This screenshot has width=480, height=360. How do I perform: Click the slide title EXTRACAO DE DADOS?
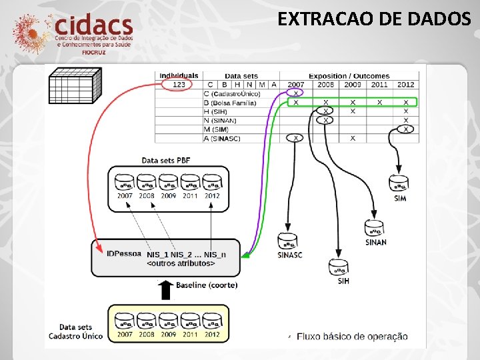pos(374,19)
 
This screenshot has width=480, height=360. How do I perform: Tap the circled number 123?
pos(179,85)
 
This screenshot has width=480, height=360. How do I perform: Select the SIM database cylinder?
pos(399,183)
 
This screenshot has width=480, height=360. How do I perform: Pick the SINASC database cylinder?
pos(288,241)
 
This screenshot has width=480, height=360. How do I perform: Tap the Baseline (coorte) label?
pos(207,285)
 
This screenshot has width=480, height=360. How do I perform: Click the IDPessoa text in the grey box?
pos(124,254)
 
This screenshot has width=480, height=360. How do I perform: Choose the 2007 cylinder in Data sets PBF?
pos(125,183)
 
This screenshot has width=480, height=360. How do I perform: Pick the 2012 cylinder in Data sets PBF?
pos(211,183)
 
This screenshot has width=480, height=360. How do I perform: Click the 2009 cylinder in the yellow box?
pos(169,321)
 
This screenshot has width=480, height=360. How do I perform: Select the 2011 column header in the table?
pos(379,85)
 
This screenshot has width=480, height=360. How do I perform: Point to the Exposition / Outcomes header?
pos(349,76)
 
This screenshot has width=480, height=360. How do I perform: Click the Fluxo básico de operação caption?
pos(352,336)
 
